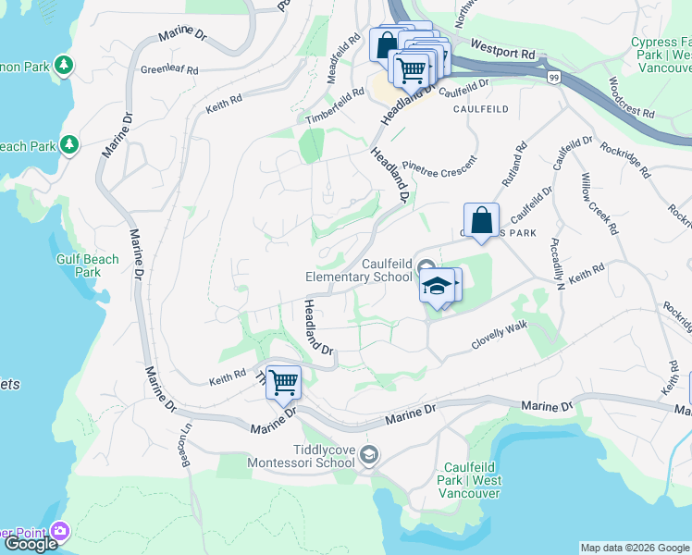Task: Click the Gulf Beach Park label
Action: click(x=87, y=265)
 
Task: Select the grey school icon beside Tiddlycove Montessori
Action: click(x=370, y=453)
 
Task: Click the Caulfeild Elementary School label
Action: click(x=360, y=270)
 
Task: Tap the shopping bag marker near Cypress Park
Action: click(x=481, y=222)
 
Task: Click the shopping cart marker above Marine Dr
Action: click(x=283, y=381)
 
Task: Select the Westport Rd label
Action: click(x=502, y=49)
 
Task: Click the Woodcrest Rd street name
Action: click(x=631, y=95)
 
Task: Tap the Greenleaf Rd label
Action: click(x=169, y=69)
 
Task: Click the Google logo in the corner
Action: click(x=31, y=544)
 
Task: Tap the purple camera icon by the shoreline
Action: click(x=61, y=531)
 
